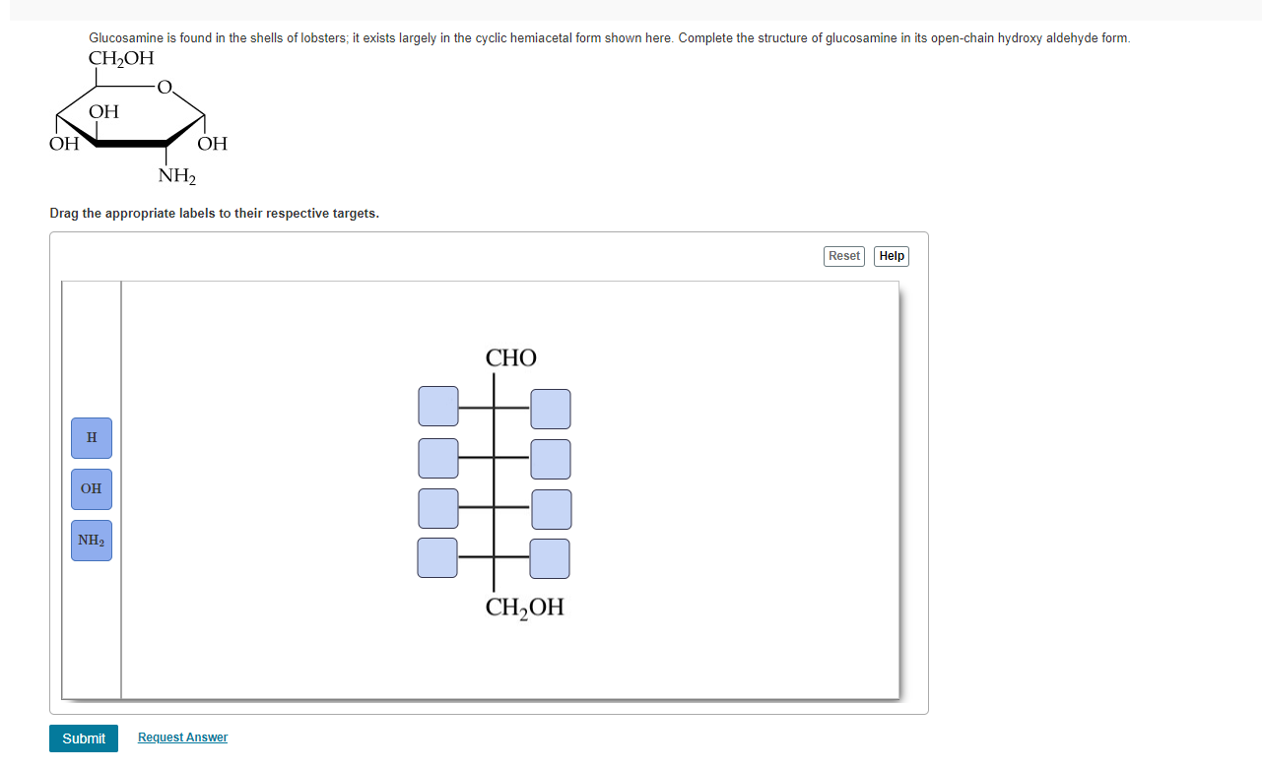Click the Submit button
(x=84, y=738)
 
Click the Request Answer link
(x=182, y=737)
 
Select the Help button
(x=892, y=256)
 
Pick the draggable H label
(x=92, y=437)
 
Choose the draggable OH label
(x=92, y=488)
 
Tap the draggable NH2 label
(x=92, y=541)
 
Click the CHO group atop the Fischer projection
(x=511, y=357)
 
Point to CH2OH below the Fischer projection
(x=525, y=608)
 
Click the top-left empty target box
(x=438, y=407)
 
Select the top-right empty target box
(x=551, y=409)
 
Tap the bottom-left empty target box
(x=437, y=557)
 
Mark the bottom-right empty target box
(x=550, y=558)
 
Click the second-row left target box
(x=438, y=458)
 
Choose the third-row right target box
(x=551, y=509)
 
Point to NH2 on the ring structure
(x=177, y=177)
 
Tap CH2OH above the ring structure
(x=121, y=58)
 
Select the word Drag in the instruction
(x=65, y=214)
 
